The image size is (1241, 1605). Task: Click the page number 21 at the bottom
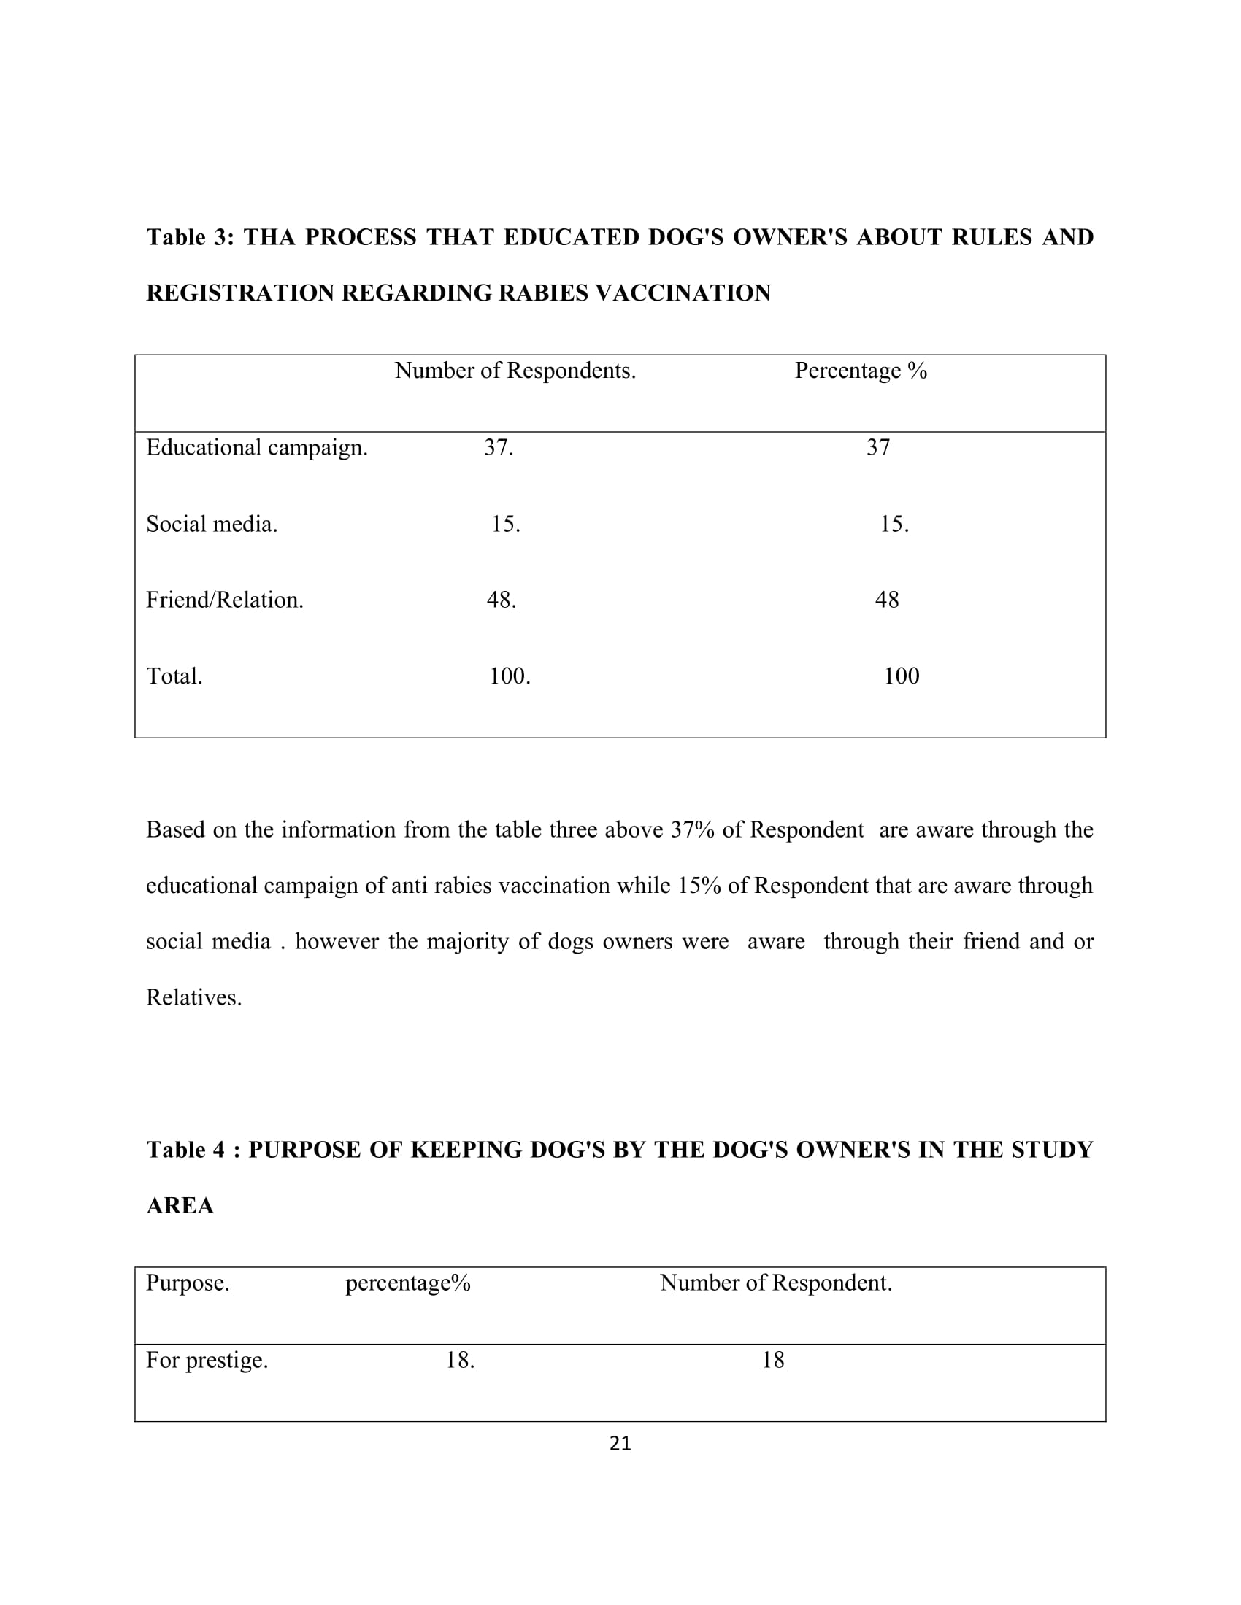[x=620, y=1443]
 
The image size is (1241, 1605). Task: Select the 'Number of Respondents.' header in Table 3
[x=515, y=371]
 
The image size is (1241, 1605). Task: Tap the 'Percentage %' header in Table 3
[x=860, y=371]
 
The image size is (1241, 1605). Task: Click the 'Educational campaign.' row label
[x=256, y=447]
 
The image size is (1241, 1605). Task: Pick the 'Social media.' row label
[x=212, y=524]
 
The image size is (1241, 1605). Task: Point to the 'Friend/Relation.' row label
[x=224, y=600]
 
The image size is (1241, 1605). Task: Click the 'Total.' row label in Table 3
[x=174, y=676]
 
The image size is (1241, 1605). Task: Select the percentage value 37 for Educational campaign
[x=877, y=447]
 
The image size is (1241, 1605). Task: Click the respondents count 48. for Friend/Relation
[x=502, y=600]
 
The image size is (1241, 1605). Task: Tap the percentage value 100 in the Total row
[x=901, y=676]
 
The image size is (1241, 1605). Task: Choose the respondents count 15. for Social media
[x=505, y=524]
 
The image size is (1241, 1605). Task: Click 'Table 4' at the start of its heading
[x=185, y=1150]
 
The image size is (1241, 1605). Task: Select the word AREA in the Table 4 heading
[x=180, y=1206]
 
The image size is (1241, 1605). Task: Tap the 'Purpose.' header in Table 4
[x=188, y=1283]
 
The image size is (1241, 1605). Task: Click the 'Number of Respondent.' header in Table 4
[x=775, y=1283]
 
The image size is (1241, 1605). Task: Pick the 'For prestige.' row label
[x=207, y=1361]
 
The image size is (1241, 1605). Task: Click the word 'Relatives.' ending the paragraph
[x=193, y=998]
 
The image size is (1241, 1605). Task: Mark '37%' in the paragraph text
[x=693, y=830]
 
